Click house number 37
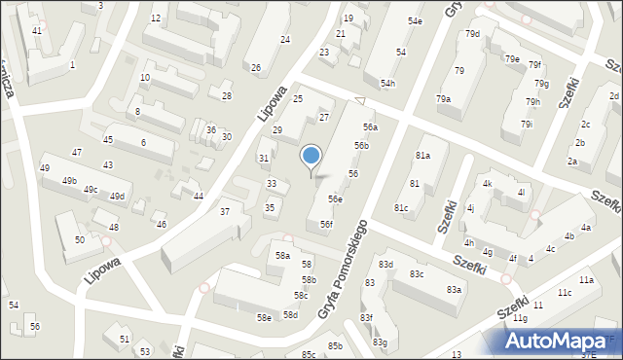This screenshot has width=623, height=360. point(225,212)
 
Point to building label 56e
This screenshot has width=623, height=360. point(335,199)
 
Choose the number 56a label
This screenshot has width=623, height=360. point(370,127)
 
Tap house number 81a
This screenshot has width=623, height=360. point(422,156)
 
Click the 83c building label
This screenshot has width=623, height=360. point(417,274)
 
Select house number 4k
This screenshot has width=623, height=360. point(488,184)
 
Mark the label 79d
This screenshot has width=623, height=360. point(472,34)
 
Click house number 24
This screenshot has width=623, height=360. point(285,40)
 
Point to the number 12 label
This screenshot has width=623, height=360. point(156,18)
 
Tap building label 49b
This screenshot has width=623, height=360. point(69,181)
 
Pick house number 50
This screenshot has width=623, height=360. point(80,239)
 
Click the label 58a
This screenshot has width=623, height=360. point(282,255)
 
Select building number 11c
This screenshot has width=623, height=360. point(565,293)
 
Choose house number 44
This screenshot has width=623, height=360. point(198,197)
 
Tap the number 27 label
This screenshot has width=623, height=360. point(325,118)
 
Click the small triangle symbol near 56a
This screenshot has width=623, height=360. point(360,101)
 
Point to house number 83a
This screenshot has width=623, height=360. point(454,290)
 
